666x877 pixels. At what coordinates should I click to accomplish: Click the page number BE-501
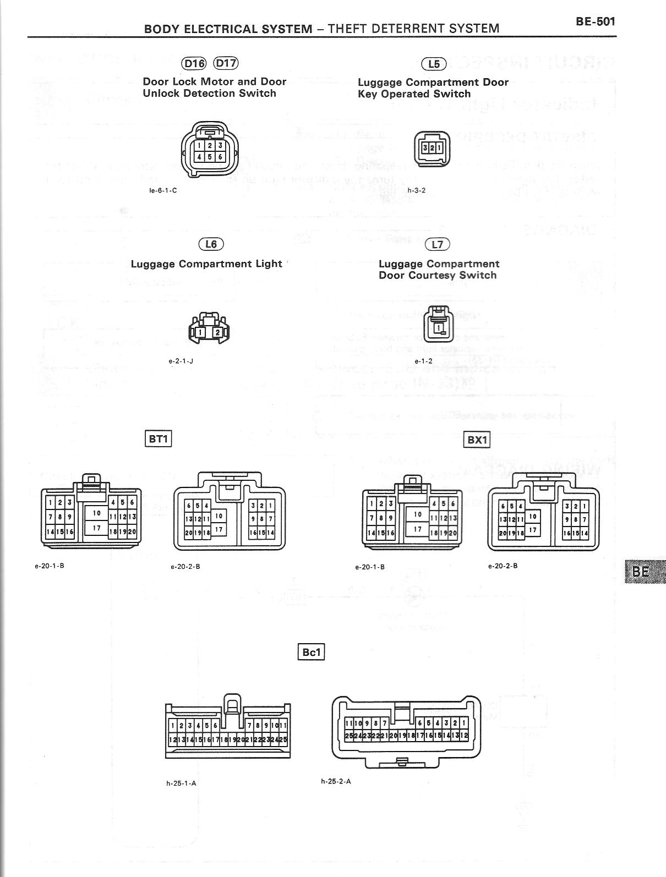coord(595,22)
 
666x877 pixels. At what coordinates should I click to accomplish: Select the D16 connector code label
coord(194,63)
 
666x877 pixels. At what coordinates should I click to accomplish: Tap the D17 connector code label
coord(226,63)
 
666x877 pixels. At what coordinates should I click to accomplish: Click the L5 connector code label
coord(434,64)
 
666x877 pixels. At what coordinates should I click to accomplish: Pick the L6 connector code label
coord(211,244)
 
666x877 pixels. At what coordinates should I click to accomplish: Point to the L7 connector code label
coord(438,244)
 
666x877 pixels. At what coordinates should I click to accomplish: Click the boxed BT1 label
coord(158,438)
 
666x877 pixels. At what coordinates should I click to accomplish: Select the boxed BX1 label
coord(477,440)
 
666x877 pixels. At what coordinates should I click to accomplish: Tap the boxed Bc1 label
coord(311,652)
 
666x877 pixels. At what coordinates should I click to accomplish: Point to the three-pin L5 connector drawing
coord(432,149)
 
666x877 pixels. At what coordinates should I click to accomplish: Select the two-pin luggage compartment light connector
coord(209,331)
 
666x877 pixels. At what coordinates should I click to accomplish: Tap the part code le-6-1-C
coord(163,190)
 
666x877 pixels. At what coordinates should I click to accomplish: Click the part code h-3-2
coord(417,190)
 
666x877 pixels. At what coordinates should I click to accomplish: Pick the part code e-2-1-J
coord(181,361)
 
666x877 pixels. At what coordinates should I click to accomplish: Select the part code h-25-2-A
coord(336,781)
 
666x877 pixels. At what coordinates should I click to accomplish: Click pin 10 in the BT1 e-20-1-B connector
coord(97,513)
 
